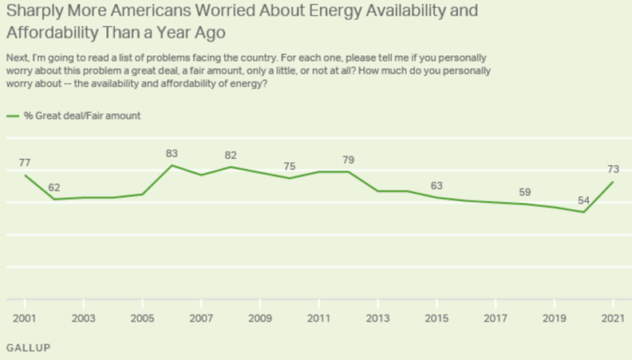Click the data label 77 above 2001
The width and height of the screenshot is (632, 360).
tap(25, 162)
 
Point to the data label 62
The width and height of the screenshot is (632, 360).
tap(54, 188)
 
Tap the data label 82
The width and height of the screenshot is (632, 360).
tap(231, 155)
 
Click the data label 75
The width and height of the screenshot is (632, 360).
tap(290, 166)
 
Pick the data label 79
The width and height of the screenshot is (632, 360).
tap(348, 160)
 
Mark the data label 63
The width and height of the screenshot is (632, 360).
tap(436, 185)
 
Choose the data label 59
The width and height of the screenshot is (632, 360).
tap(524, 192)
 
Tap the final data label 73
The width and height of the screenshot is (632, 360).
tap(613, 169)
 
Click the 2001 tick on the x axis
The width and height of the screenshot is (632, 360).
tap(25, 318)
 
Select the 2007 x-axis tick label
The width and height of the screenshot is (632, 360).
tap(201, 318)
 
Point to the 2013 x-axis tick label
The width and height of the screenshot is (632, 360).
tap(377, 318)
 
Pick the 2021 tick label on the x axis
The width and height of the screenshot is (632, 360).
tap(613, 318)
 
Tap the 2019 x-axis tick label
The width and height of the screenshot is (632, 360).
tap(554, 318)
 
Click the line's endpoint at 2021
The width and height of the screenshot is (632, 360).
tap(612, 181)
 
